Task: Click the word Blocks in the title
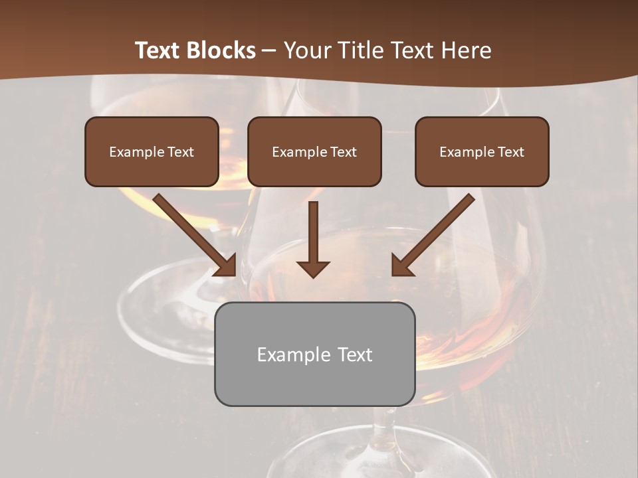click(x=221, y=50)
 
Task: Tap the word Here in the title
click(x=466, y=50)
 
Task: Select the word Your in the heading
click(x=304, y=50)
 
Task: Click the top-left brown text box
click(x=152, y=151)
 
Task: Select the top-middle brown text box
click(x=314, y=151)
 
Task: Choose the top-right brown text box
click(x=482, y=151)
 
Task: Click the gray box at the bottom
click(x=314, y=354)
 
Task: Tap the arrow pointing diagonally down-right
click(x=193, y=232)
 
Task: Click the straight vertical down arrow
click(x=313, y=236)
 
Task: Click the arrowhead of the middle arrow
click(x=313, y=268)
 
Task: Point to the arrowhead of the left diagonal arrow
click(x=228, y=266)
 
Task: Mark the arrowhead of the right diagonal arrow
click(x=400, y=266)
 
